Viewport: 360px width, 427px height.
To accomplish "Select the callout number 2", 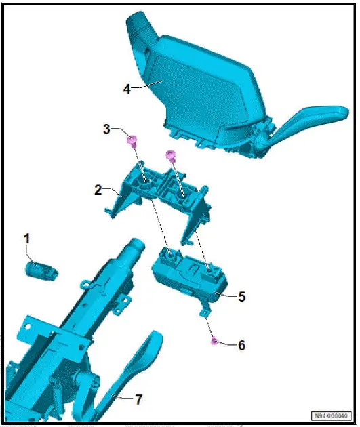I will pos(98,190).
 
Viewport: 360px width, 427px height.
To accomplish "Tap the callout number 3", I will pos(106,129).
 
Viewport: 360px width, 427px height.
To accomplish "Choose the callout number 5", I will pos(241,296).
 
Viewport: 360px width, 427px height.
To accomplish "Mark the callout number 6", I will pos(241,344).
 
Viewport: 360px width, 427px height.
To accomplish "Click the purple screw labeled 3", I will pos(133,141).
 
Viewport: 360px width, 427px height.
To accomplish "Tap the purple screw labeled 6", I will pos(214,340).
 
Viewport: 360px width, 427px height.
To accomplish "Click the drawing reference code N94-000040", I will pos(332,415).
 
